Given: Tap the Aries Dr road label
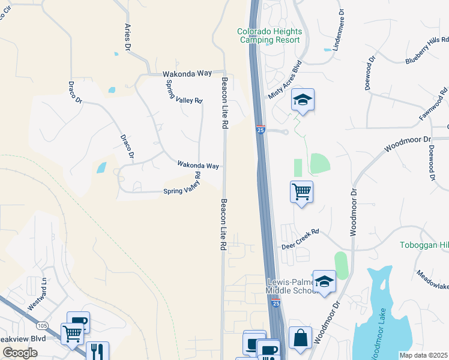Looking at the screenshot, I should pyautogui.click(x=127, y=37).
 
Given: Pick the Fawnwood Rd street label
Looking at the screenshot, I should pyautogui.click(x=435, y=104).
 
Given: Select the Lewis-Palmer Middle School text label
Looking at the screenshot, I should pyautogui.click(x=295, y=286).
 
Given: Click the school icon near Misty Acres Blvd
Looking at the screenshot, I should pyautogui.click(x=303, y=100).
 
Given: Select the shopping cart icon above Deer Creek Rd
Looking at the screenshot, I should pyautogui.click(x=301, y=193).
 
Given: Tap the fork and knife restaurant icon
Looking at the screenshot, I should pyautogui.click(x=97, y=350).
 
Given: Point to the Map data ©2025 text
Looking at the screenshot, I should pyautogui.click(x=423, y=355).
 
